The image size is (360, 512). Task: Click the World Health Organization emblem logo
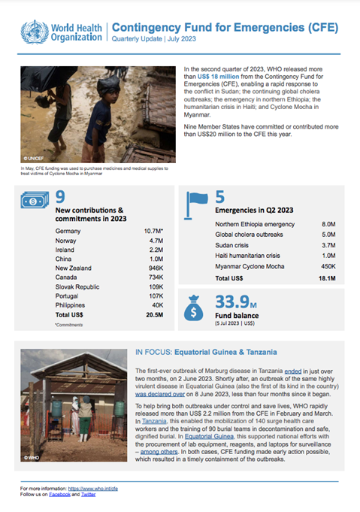[x=33, y=32]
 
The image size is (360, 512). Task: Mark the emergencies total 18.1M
[x=325, y=278]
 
